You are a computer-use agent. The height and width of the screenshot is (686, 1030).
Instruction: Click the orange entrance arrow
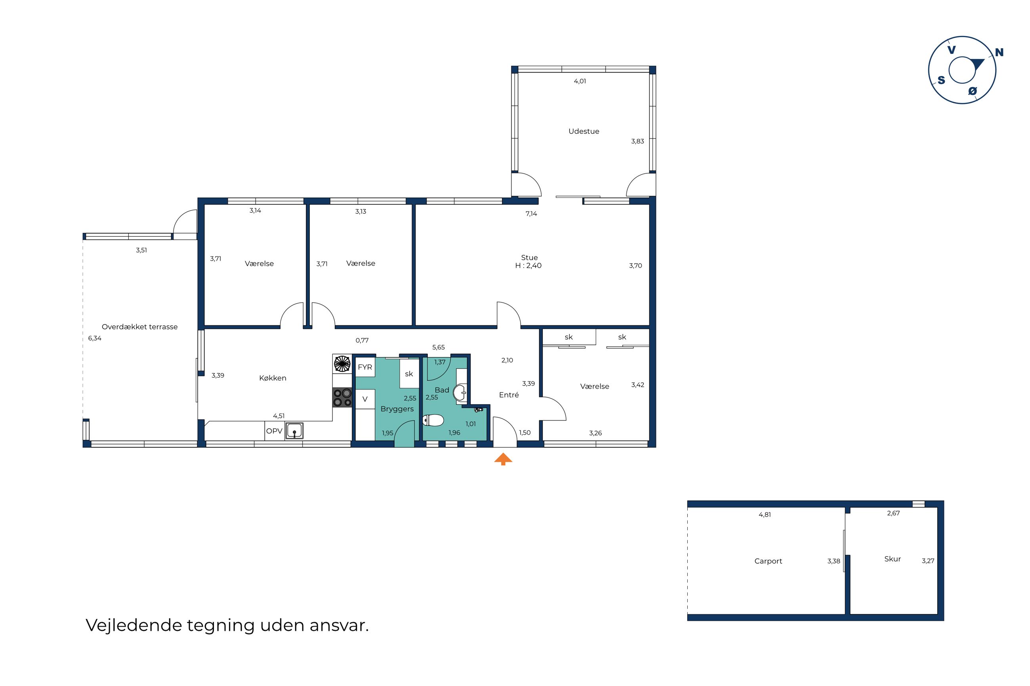coord(503,459)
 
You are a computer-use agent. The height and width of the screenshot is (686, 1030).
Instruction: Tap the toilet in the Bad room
coord(433,420)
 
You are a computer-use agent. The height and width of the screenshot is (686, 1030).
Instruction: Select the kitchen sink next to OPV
coord(295,431)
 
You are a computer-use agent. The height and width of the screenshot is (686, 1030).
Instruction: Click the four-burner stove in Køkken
coord(342,398)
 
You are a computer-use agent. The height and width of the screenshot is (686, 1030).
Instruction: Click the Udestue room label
coord(584,131)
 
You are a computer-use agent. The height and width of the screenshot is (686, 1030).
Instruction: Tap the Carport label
coord(768,561)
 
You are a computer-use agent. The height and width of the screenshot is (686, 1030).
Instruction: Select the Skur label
coord(893,559)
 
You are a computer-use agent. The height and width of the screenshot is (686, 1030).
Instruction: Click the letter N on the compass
coord(999,53)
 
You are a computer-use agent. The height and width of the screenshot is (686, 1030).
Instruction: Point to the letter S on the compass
coord(941,80)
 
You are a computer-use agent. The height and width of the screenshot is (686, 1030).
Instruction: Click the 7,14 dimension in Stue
coord(531,214)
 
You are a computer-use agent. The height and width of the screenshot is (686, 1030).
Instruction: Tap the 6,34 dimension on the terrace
coord(95,338)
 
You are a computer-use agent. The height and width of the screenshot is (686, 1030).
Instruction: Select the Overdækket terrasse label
coord(139,327)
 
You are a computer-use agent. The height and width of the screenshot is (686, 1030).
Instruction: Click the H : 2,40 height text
coord(528,266)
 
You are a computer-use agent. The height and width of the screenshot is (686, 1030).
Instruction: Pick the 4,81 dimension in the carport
coord(765,515)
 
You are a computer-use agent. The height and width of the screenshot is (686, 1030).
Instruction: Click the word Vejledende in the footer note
coord(134,625)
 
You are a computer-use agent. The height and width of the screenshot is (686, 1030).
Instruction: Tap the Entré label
coord(509,395)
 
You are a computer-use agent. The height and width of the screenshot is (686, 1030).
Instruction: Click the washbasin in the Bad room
coord(460,392)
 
